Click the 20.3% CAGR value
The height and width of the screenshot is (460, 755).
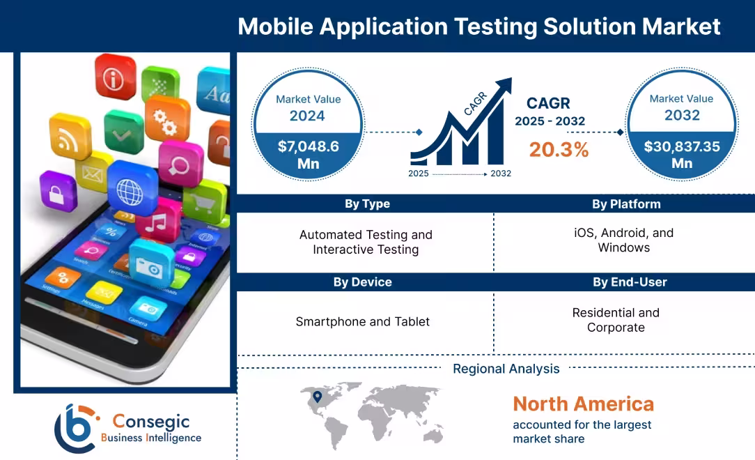coord(559,149)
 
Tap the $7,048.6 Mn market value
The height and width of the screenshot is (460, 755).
coord(308,154)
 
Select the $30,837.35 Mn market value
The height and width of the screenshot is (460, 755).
coord(682,154)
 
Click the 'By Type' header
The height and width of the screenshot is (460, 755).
coord(367,204)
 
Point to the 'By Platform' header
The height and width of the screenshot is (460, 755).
coord(626,204)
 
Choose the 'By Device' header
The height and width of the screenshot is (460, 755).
coord(362,282)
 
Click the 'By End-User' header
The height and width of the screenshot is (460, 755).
coord(630,282)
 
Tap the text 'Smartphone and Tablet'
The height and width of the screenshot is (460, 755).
coord(362,321)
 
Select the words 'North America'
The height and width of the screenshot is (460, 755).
coord(583,404)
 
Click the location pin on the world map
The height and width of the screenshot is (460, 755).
coord(318,397)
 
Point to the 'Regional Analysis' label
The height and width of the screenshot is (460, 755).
coord(506,369)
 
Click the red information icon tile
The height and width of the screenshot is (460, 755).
coord(114,79)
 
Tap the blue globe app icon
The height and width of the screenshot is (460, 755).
coord(131,187)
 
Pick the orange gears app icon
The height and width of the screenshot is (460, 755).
coord(166,119)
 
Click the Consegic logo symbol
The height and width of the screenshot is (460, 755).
coord(75,427)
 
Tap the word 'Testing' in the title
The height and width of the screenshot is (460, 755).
coord(494,26)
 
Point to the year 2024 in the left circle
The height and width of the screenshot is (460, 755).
coord(307,116)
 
